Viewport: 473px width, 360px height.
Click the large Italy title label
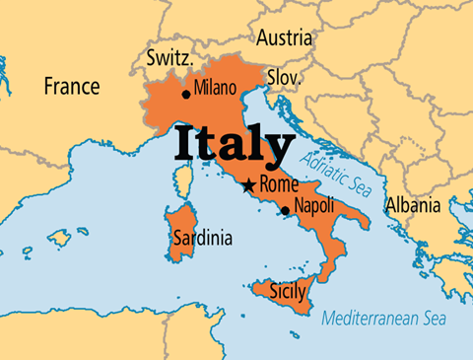[235, 145]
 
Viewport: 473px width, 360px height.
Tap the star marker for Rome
[249, 185]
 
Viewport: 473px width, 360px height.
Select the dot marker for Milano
[186, 95]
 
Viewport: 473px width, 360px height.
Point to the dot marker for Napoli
[285, 210]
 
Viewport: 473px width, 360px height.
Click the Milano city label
[215, 88]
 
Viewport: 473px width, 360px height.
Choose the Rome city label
[279, 182]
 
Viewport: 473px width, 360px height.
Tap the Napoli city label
[314, 206]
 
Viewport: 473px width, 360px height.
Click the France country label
[71, 87]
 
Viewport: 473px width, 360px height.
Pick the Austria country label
[285, 38]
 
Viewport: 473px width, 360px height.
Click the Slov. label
[284, 77]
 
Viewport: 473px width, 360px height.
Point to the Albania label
[413, 206]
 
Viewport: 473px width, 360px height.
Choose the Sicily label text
[287, 292]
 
